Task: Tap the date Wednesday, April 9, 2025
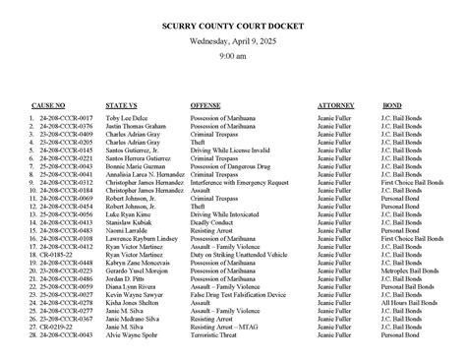[x=233, y=42]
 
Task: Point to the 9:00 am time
[x=233, y=57]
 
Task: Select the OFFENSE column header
[x=205, y=104]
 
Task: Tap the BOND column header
[x=391, y=104]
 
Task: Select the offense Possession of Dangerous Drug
[x=230, y=173]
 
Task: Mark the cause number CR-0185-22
[x=54, y=255]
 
